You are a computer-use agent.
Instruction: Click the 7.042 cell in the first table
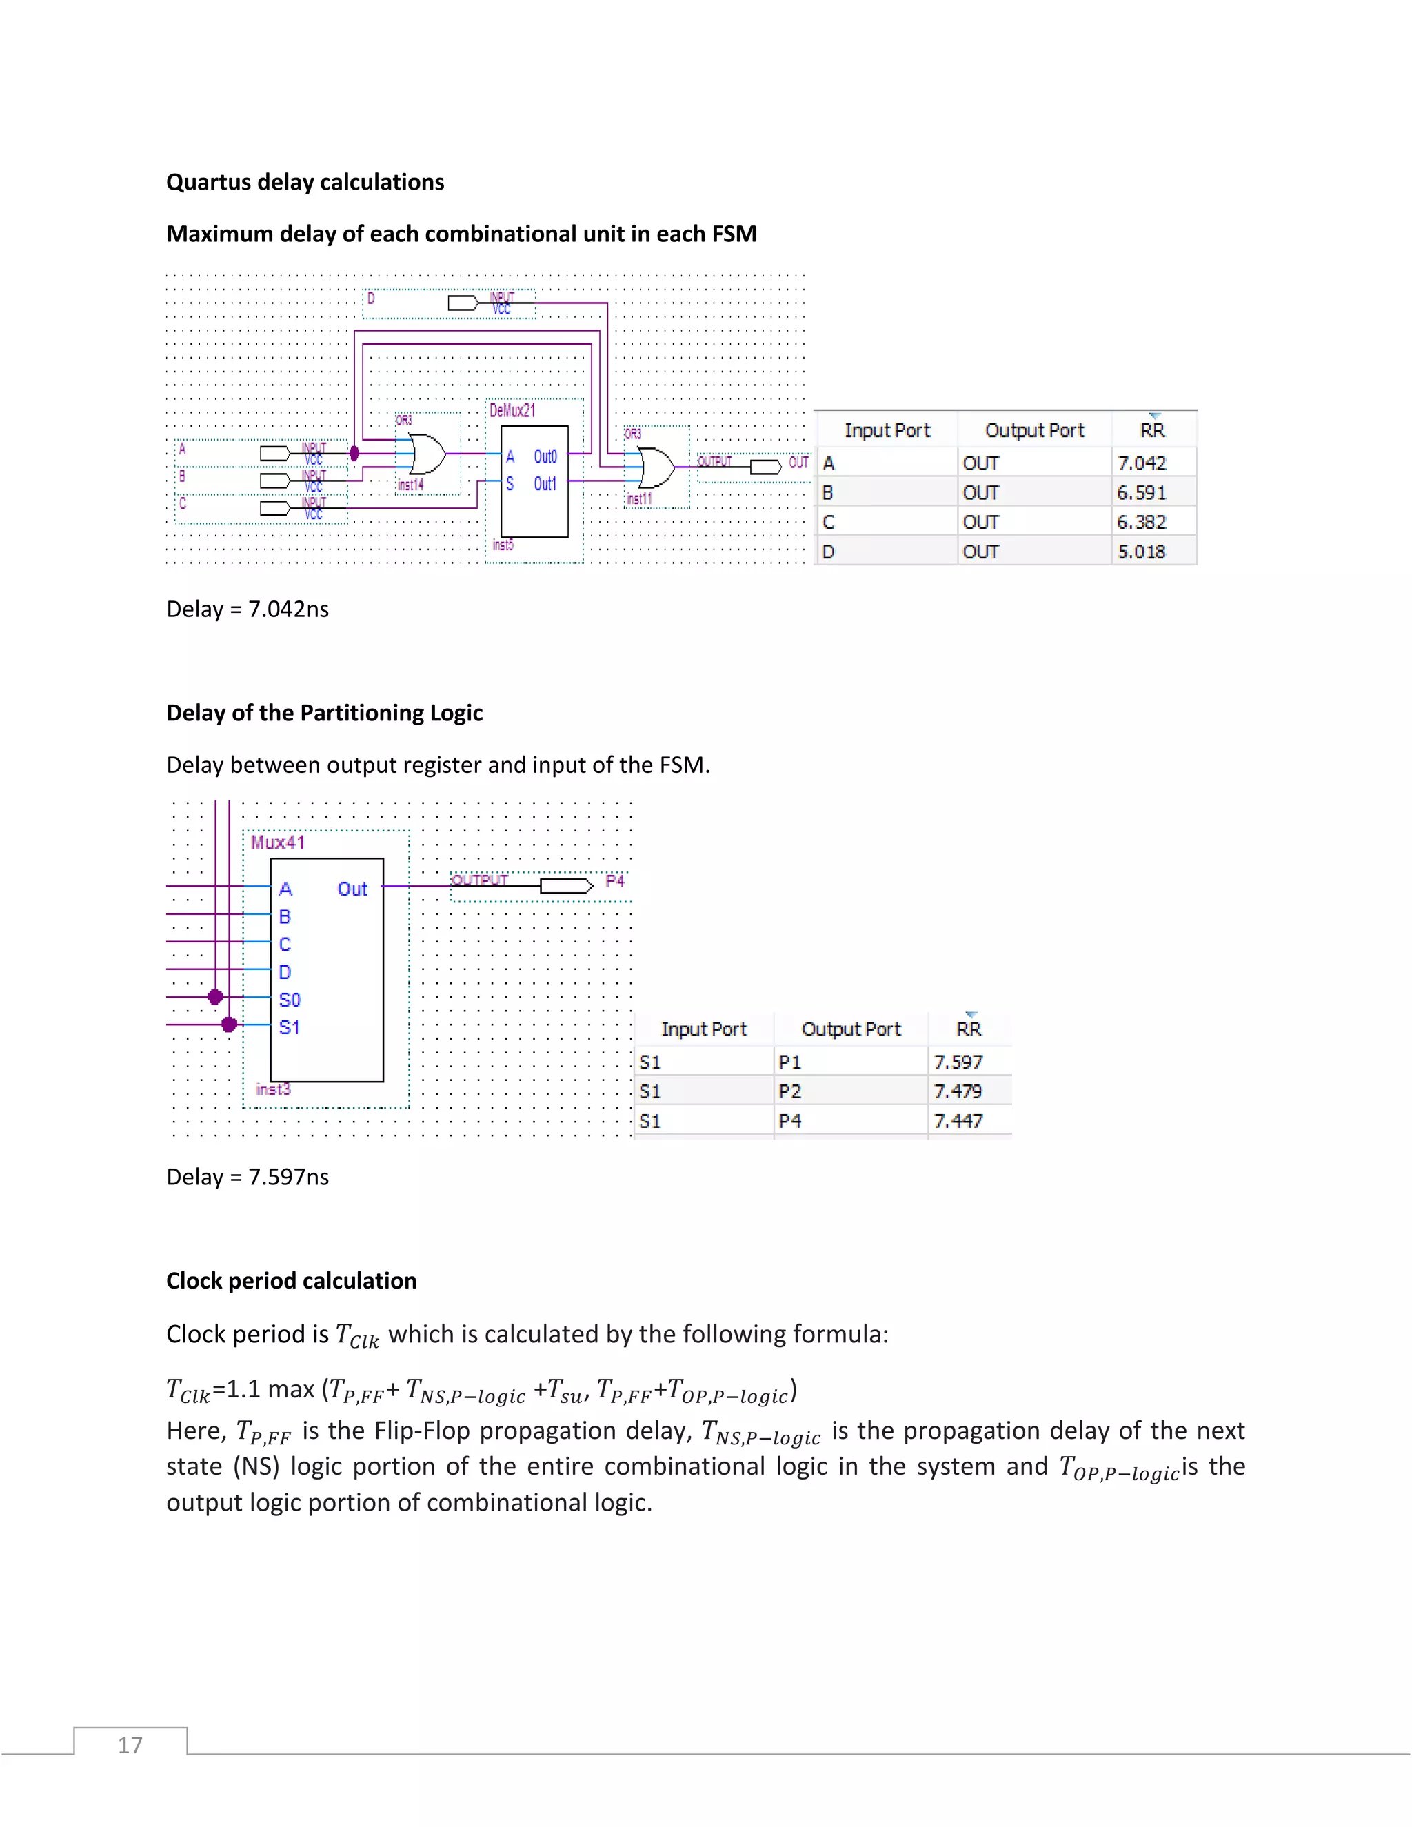click(1141, 463)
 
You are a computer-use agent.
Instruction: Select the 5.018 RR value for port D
click(1141, 552)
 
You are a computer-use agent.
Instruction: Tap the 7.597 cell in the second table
click(958, 1062)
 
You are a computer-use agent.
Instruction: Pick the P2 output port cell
click(789, 1091)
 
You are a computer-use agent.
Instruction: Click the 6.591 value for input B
click(1141, 493)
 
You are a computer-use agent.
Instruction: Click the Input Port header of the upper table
click(887, 430)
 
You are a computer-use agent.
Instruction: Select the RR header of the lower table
click(969, 1029)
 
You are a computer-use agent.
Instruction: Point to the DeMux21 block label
click(512, 410)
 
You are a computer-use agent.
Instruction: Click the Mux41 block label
click(278, 842)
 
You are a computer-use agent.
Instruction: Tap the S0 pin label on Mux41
click(290, 1000)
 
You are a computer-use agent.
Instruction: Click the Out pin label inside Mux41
click(352, 889)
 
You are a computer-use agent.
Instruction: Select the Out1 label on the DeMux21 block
click(545, 483)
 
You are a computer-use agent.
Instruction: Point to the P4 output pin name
click(615, 881)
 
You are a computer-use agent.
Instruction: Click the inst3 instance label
click(273, 1089)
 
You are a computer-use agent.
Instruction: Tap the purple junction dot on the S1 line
click(229, 1024)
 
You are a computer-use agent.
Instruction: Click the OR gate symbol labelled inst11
click(655, 467)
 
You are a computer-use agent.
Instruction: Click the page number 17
click(130, 1745)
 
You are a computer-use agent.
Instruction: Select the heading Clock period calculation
click(291, 1281)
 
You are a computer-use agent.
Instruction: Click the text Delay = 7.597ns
click(248, 1176)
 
